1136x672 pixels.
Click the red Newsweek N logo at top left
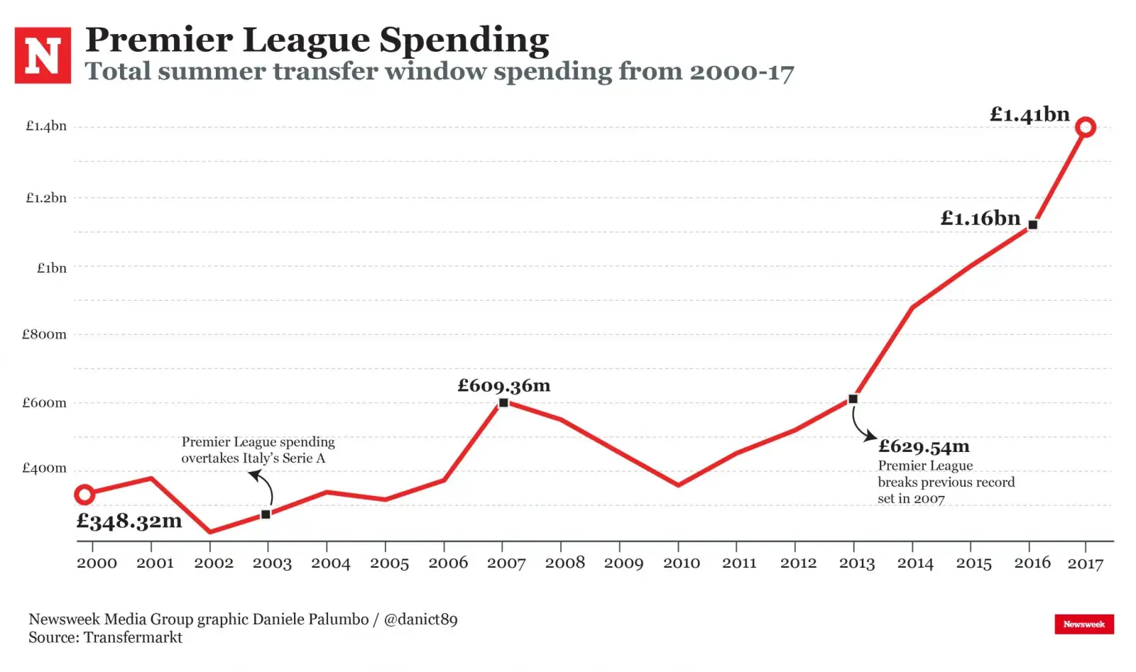point(43,55)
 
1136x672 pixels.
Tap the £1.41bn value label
point(1029,114)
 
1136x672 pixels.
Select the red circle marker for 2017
point(1085,128)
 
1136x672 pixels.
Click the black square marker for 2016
point(1032,225)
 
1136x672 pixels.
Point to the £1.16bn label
point(980,219)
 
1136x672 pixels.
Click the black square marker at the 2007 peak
point(503,403)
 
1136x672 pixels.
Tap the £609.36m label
point(503,386)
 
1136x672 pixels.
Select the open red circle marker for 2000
point(84,495)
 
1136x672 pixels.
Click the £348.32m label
point(129,522)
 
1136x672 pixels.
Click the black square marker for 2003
point(266,514)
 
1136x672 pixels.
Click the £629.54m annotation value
point(923,446)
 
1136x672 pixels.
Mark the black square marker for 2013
point(853,400)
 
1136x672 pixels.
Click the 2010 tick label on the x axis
point(681,563)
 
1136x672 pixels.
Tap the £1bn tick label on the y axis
point(51,268)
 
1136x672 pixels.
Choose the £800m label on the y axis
point(44,334)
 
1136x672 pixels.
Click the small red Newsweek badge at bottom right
point(1083,624)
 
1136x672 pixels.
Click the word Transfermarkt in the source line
point(133,638)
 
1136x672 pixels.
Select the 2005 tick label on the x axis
point(389,563)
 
